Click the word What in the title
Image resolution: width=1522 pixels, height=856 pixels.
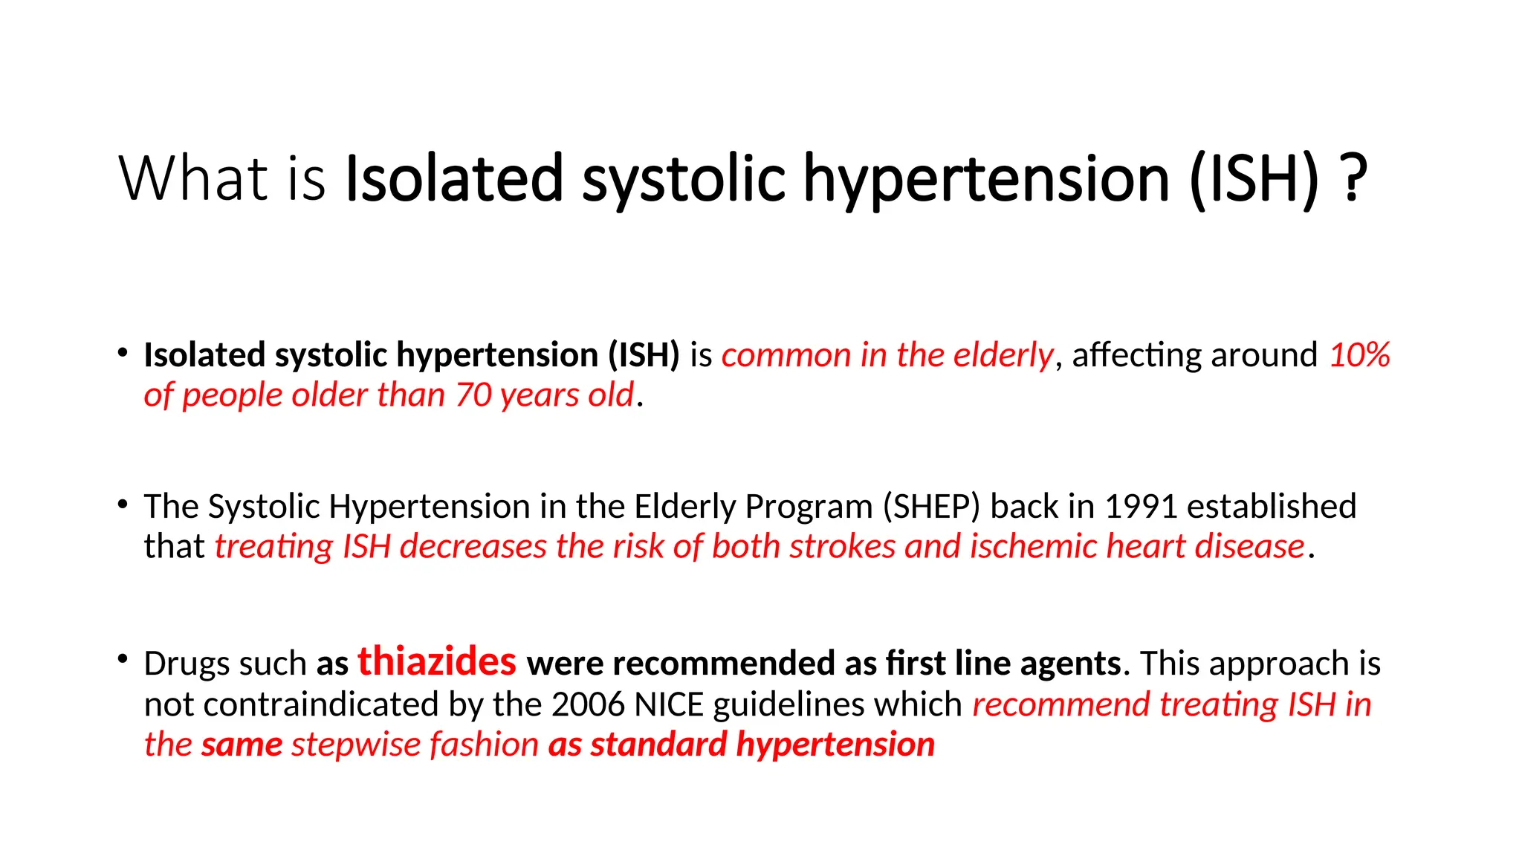click(x=193, y=178)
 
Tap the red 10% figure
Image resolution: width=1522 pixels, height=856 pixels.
click(x=1359, y=354)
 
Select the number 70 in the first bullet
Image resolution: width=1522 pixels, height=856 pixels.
click(x=473, y=395)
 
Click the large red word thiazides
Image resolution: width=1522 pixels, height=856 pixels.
click(x=437, y=661)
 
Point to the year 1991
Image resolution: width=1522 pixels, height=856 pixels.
click(x=1141, y=507)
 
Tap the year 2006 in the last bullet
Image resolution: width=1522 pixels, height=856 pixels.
click(x=588, y=704)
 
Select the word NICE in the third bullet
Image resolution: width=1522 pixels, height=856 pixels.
click(x=669, y=704)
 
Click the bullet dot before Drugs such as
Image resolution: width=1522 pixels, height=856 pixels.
click(x=123, y=659)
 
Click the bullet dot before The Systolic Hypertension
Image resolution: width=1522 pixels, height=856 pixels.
click(x=123, y=504)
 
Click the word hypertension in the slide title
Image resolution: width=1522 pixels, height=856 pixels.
click(x=987, y=180)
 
